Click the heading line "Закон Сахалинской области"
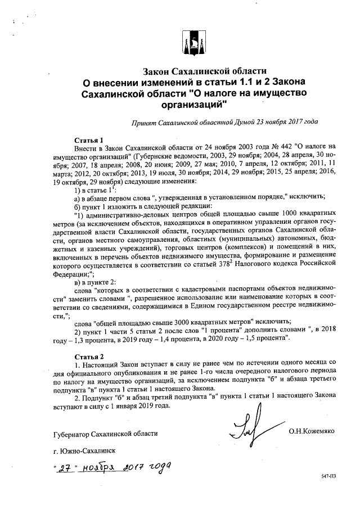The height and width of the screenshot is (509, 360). (204, 72)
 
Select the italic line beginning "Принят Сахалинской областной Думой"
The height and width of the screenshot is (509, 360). (224, 121)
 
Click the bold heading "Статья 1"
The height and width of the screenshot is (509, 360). (89, 139)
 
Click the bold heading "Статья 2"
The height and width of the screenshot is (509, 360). (89, 357)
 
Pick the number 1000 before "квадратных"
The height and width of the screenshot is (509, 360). (280, 214)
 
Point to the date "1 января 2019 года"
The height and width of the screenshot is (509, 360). (137, 406)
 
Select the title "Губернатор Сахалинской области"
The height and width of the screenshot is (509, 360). (102, 434)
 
